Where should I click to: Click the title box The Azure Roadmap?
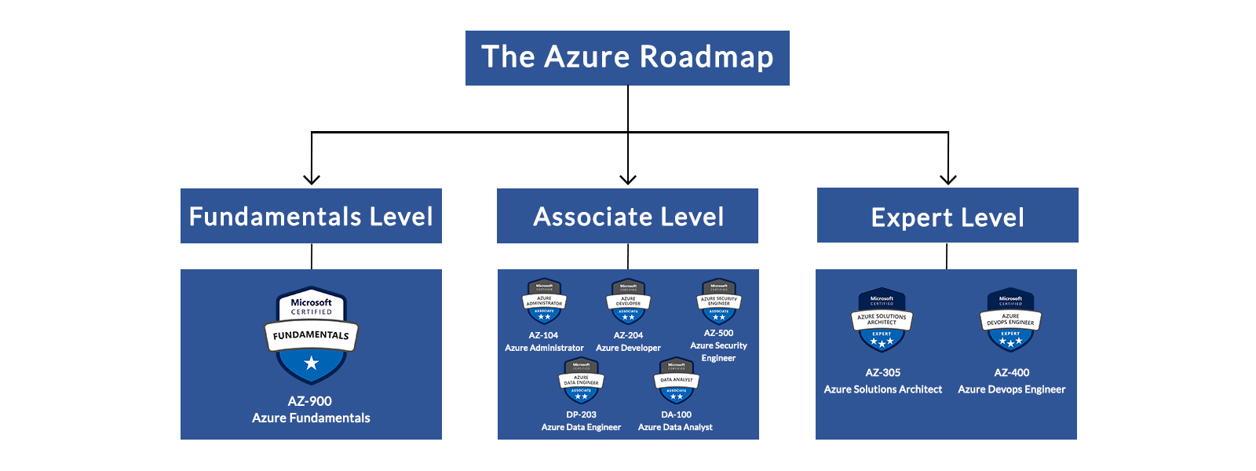(x=627, y=58)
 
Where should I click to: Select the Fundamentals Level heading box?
(x=311, y=216)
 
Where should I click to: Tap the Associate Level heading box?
(x=627, y=216)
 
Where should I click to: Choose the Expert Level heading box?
(x=947, y=216)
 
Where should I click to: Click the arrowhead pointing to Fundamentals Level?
(x=312, y=179)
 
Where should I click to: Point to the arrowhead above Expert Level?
(x=948, y=179)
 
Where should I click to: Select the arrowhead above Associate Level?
(x=628, y=179)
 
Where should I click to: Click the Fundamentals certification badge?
(x=311, y=334)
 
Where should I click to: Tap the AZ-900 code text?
(x=310, y=401)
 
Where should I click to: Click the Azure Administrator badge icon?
(x=544, y=302)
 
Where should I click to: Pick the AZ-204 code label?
(x=628, y=335)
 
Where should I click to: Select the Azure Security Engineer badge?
(x=718, y=302)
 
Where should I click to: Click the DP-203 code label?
(x=581, y=414)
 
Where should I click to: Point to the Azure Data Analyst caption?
(x=675, y=427)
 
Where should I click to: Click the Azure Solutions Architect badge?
(x=882, y=319)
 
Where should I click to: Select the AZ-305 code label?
(x=882, y=373)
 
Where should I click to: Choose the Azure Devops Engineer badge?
(x=1010, y=319)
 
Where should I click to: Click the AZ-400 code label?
(x=1011, y=373)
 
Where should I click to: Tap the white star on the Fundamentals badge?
(x=311, y=363)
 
